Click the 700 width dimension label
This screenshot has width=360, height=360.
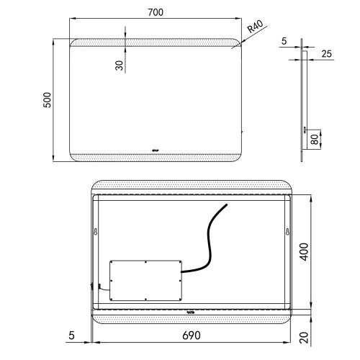point(156,12)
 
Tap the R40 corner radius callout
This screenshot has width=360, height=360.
point(256,27)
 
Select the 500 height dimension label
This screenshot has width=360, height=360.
point(48,100)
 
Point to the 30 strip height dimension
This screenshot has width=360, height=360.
point(120,66)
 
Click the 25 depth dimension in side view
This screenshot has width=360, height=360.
point(326,54)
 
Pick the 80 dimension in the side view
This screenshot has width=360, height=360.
point(315,139)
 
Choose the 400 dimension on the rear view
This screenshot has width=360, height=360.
point(304,252)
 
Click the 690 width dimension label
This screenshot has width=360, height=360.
point(192,336)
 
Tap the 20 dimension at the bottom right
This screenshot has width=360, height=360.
point(304,338)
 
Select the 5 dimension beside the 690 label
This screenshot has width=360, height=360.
point(71,336)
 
